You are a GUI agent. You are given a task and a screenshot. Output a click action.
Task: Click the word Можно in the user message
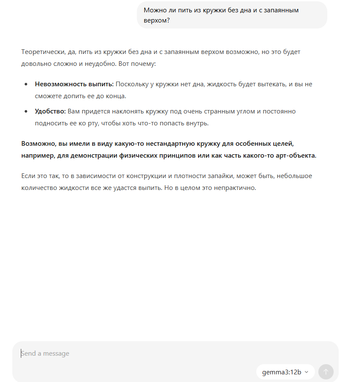click(154, 10)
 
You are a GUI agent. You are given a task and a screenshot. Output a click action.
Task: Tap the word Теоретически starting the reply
click(43, 52)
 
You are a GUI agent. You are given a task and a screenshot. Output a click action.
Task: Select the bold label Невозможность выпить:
click(74, 84)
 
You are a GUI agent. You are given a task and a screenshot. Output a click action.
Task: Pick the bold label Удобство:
click(50, 111)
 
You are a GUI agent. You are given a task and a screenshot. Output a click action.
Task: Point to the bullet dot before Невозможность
click(26, 84)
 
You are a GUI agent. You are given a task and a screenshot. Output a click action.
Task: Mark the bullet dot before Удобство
click(26, 111)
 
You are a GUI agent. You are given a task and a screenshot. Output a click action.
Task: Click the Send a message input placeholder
click(45, 354)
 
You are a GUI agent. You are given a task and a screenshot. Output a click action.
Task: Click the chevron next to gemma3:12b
click(306, 372)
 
